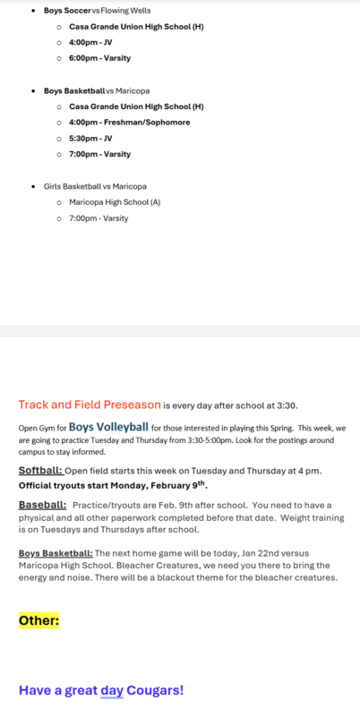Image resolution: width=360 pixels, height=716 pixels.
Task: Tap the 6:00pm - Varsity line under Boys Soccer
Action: (x=99, y=58)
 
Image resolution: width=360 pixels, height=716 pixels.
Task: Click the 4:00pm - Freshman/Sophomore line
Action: (x=129, y=123)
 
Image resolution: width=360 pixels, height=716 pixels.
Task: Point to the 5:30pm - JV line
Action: (x=90, y=139)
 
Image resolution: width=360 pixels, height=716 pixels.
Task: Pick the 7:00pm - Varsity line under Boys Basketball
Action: (x=99, y=154)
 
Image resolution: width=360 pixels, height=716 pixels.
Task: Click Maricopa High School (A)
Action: (x=115, y=202)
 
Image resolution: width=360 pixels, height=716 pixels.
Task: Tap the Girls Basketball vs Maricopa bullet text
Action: (x=95, y=186)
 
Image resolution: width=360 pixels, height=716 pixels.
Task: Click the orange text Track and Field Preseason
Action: (x=90, y=405)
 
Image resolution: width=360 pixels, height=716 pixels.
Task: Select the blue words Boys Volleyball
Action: (x=108, y=427)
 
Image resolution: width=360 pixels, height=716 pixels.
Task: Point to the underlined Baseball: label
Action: (x=42, y=505)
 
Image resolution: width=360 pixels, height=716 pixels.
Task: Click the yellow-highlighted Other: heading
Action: (x=39, y=619)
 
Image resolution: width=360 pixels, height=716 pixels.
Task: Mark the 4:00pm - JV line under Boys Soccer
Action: (x=90, y=42)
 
